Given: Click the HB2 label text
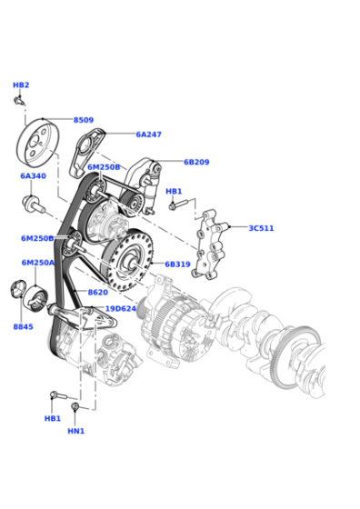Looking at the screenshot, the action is click(21, 85).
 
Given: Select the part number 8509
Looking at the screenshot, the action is click(84, 120).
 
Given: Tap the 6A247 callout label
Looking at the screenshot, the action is click(149, 135).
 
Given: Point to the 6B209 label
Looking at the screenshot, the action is click(196, 162).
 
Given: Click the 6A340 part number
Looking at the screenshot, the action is click(33, 176).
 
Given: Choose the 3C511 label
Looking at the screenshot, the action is click(261, 228).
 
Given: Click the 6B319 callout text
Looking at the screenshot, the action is click(177, 264).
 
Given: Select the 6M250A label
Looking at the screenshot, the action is click(38, 263).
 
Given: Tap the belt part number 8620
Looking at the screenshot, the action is click(98, 293).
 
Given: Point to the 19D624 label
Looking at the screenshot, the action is click(121, 308).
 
